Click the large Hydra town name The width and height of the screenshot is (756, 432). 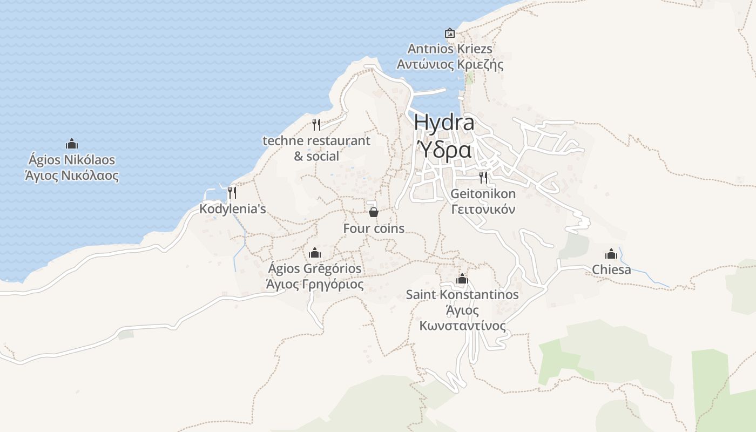(444, 123)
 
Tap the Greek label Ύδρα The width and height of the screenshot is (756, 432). (444, 150)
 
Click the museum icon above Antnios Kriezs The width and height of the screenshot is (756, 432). (449, 33)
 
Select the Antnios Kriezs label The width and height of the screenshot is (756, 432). (450, 49)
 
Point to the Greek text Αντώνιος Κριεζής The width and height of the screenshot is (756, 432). (450, 65)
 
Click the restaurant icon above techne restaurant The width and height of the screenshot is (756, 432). (316, 125)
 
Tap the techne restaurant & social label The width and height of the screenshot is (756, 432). (316, 148)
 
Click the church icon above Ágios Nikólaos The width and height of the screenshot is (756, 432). (72, 144)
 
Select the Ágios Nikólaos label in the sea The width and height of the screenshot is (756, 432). (72, 160)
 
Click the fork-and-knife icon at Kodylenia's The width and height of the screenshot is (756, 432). (232, 192)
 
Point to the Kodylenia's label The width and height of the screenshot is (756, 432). (233, 209)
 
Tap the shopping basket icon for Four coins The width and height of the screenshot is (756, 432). (373, 212)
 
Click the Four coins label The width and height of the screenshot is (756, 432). (374, 228)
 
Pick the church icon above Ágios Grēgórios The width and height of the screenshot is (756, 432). (315, 252)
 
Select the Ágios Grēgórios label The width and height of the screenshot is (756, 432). (315, 268)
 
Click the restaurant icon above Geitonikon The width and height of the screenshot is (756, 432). (483, 177)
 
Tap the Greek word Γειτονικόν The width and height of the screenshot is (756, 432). (483, 210)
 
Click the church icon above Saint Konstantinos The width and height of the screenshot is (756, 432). (462, 279)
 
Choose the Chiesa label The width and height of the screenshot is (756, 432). (611, 269)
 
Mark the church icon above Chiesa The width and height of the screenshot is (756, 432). (611, 253)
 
